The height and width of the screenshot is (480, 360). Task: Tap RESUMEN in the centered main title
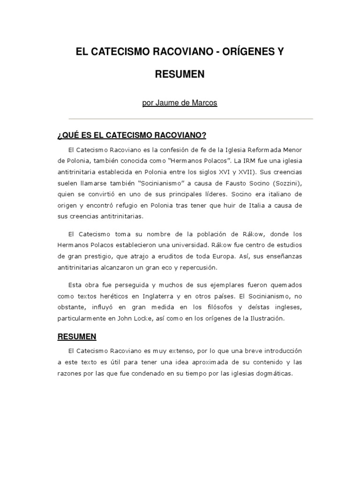point(180,74)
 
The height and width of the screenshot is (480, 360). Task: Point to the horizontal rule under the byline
point(191,119)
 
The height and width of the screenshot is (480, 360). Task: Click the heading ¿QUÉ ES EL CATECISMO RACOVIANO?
point(132,135)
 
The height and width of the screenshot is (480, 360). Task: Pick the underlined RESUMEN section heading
point(77,336)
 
